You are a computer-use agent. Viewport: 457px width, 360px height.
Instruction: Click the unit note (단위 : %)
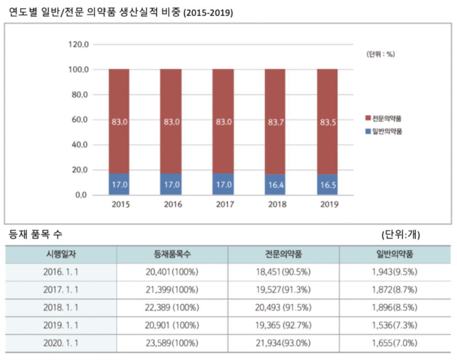tap(380, 54)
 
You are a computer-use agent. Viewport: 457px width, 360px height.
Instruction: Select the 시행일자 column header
tap(61, 255)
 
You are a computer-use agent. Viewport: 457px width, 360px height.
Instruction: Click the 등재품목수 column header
tap(172, 255)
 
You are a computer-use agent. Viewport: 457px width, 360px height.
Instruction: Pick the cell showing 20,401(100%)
tap(172, 272)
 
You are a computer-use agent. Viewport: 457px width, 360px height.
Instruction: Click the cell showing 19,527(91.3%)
tap(284, 290)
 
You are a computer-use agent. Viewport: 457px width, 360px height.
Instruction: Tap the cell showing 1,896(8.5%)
tap(395, 308)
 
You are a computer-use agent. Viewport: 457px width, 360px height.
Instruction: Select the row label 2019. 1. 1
tap(61, 326)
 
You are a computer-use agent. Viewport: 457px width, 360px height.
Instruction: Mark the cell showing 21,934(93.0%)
tap(284, 343)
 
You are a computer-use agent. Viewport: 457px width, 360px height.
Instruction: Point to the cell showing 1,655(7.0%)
tap(395, 343)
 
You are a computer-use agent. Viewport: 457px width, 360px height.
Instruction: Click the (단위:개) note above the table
tap(400, 235)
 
